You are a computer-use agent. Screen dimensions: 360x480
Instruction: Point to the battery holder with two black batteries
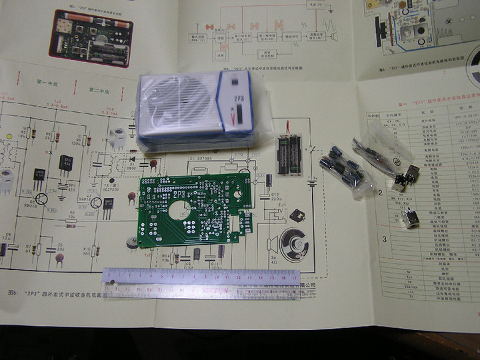tap(290, 155)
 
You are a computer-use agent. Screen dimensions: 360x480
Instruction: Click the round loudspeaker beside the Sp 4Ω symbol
tap(293, 244)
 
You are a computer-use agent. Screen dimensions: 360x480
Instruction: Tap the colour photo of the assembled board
tap(91, 37)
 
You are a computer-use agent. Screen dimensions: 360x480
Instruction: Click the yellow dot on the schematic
tap(9, 137)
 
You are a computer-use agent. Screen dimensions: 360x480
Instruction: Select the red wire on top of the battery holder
tap(288, 127)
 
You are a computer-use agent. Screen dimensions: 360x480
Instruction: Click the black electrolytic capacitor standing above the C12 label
tap(269, 179)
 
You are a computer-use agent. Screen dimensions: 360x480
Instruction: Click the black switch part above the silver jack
tap(406, 178)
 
